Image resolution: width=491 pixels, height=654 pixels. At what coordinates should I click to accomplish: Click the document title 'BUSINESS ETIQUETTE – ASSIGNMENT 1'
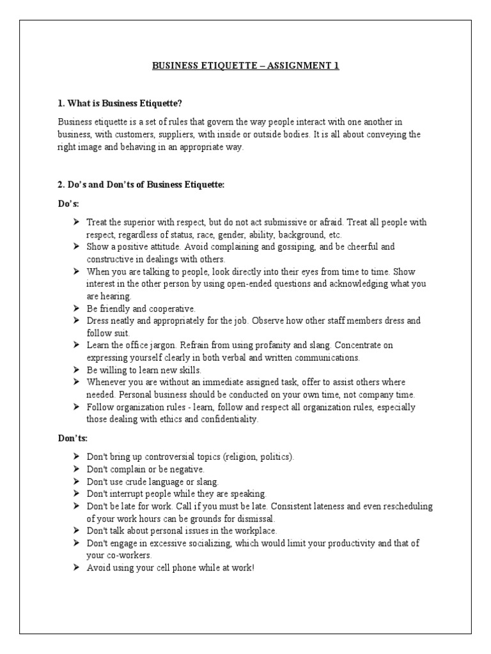pos(245,66)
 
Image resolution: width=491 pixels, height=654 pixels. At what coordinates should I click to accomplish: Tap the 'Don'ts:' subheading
pos(73,439)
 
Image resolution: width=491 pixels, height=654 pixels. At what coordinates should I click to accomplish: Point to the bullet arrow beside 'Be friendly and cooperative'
pos(75,308)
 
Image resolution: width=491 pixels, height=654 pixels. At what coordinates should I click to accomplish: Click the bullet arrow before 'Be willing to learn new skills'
pos(75,370)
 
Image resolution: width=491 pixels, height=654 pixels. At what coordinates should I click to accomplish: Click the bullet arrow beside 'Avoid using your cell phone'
pos(75,567)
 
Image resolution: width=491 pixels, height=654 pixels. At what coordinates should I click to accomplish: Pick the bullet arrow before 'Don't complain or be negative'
pos(75,469)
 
